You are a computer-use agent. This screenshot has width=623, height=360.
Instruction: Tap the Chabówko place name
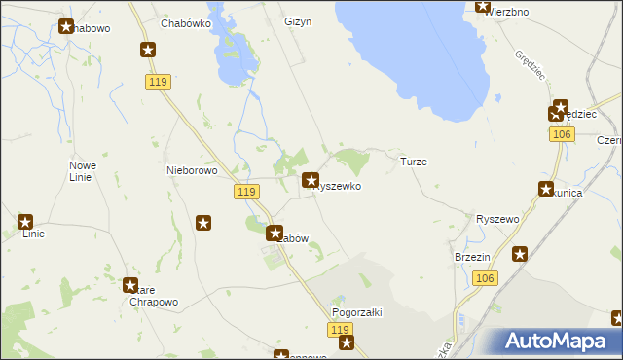(x=188, y=23)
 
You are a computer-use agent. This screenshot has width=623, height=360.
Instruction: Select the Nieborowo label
(x=191, y=169)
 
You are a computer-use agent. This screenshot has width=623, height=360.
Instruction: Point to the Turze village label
(x=414, y=162)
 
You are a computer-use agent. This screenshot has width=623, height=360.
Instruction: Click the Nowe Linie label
(x=82, y=171)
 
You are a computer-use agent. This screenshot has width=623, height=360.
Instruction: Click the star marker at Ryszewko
(x=311, y=180)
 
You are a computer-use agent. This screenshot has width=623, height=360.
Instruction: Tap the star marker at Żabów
(x=275, y=234)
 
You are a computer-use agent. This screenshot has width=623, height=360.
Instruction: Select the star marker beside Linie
(x=26, y=223)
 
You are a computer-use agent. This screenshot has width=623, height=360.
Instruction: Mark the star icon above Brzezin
(x=520, y=255)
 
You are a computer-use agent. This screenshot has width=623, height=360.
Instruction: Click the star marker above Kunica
(x=546, y=191)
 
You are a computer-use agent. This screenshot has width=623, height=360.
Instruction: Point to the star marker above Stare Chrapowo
(x=129, y=286)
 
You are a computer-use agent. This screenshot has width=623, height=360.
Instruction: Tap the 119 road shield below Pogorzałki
(x=340, y=332)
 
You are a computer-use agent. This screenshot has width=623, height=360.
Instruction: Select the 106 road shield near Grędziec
(x=560, y=134)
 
